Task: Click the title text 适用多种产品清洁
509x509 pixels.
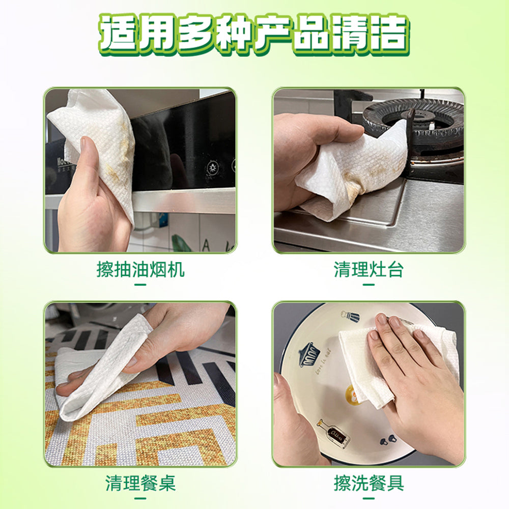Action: coord(254,35)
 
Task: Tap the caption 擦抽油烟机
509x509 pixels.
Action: coord(140,269)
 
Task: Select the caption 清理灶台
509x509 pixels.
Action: coord(369,269)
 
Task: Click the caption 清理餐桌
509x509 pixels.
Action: coord(140,483)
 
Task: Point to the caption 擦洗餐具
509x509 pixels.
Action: coord(369,483)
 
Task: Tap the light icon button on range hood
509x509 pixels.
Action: coord(212,168)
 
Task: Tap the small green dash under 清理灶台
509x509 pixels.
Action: coord(369,285)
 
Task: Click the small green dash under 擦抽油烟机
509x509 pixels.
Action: coord(140,285)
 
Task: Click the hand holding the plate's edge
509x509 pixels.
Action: coord(295,428)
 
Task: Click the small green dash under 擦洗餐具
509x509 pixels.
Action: coord(369,497)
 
